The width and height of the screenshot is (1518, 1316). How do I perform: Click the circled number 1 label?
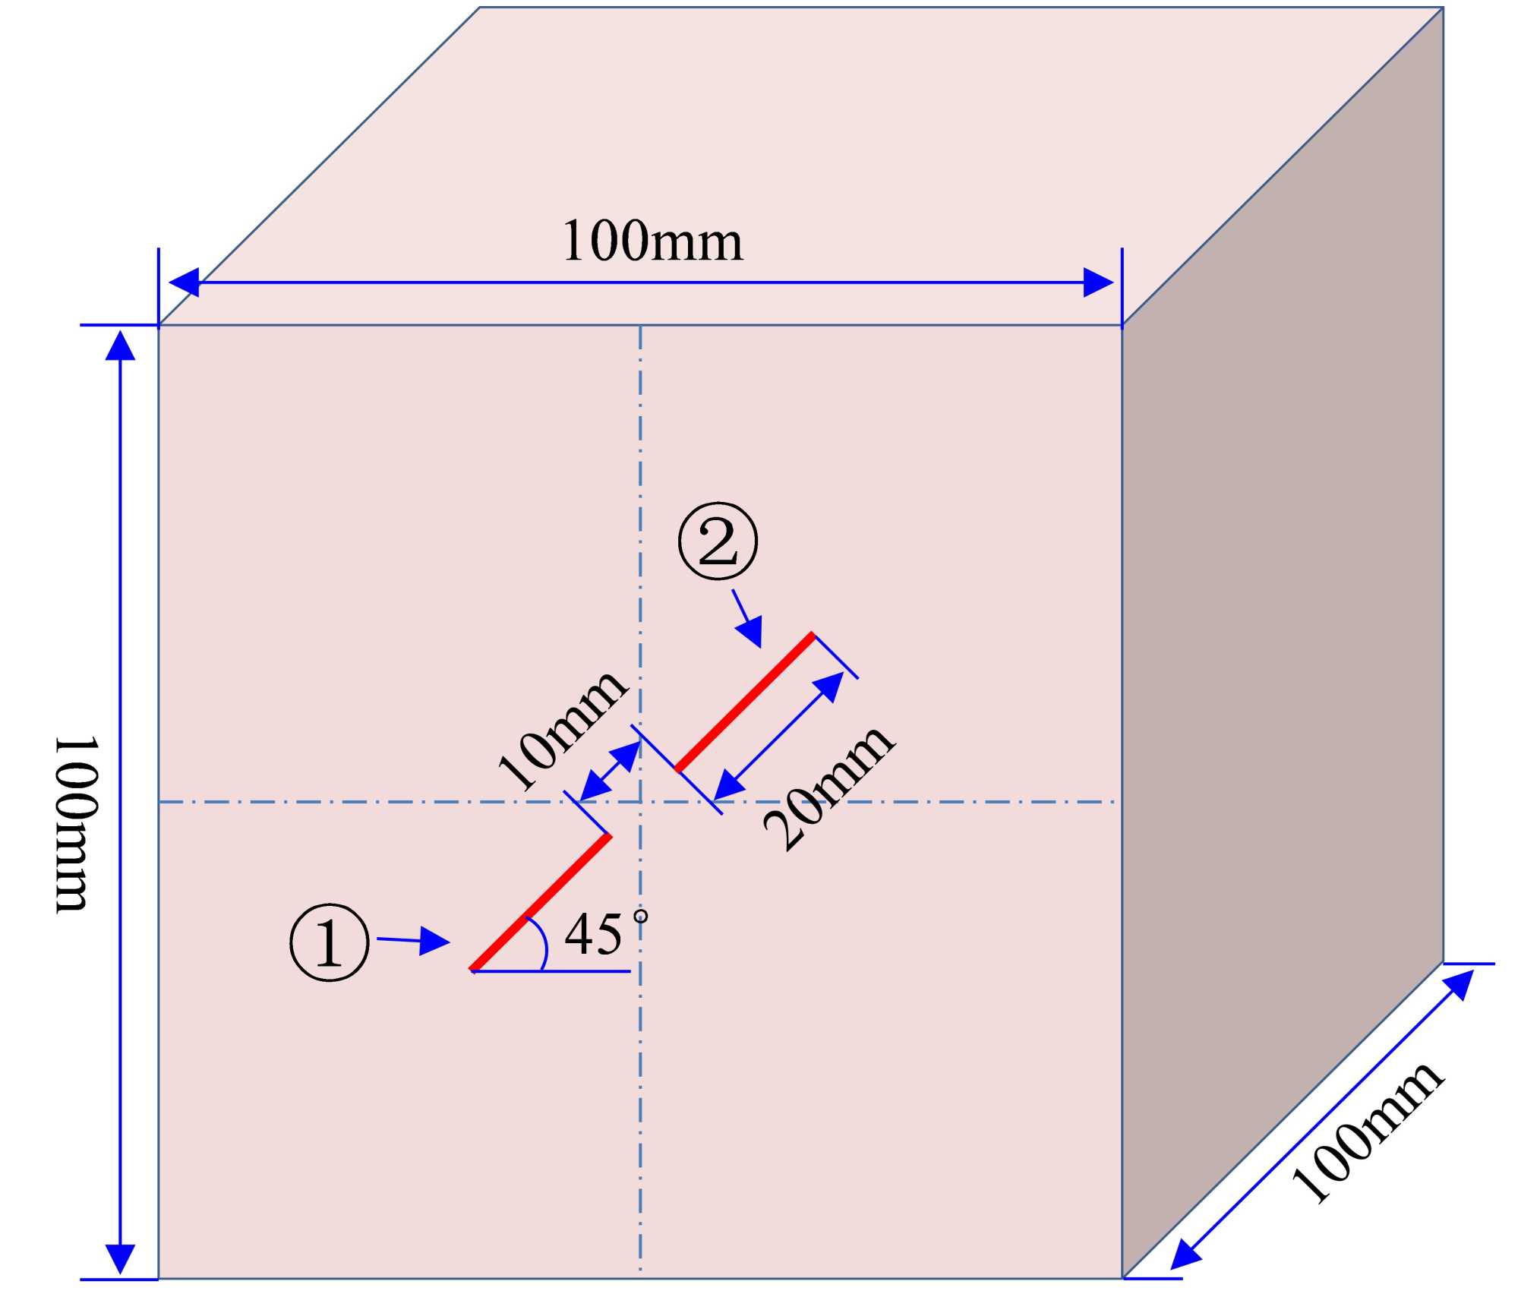pos(329,942)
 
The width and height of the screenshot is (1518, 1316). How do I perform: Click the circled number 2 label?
pos(717,541)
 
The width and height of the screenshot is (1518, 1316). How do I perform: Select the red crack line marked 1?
pos(540,903)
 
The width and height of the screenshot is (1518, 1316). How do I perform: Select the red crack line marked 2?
pos(744,702)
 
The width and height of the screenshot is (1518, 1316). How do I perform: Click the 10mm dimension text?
pos(562,730)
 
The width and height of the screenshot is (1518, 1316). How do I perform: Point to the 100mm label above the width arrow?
pos(652,241)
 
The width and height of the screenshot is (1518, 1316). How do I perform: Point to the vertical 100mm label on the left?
pos(76,823)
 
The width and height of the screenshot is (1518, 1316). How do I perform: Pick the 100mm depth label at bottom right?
pos(1367,1131)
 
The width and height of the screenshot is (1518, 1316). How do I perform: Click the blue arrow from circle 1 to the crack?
pos(414,941)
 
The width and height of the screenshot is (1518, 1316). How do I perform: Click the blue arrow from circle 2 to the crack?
pos(747,619)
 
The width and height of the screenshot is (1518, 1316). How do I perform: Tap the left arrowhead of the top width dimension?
pos(184,282)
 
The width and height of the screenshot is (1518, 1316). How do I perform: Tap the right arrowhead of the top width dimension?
pos(1098,282)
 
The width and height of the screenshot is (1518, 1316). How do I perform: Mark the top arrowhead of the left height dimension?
pos(120,346)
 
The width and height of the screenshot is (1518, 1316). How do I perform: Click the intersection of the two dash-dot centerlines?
pos(640,802)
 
